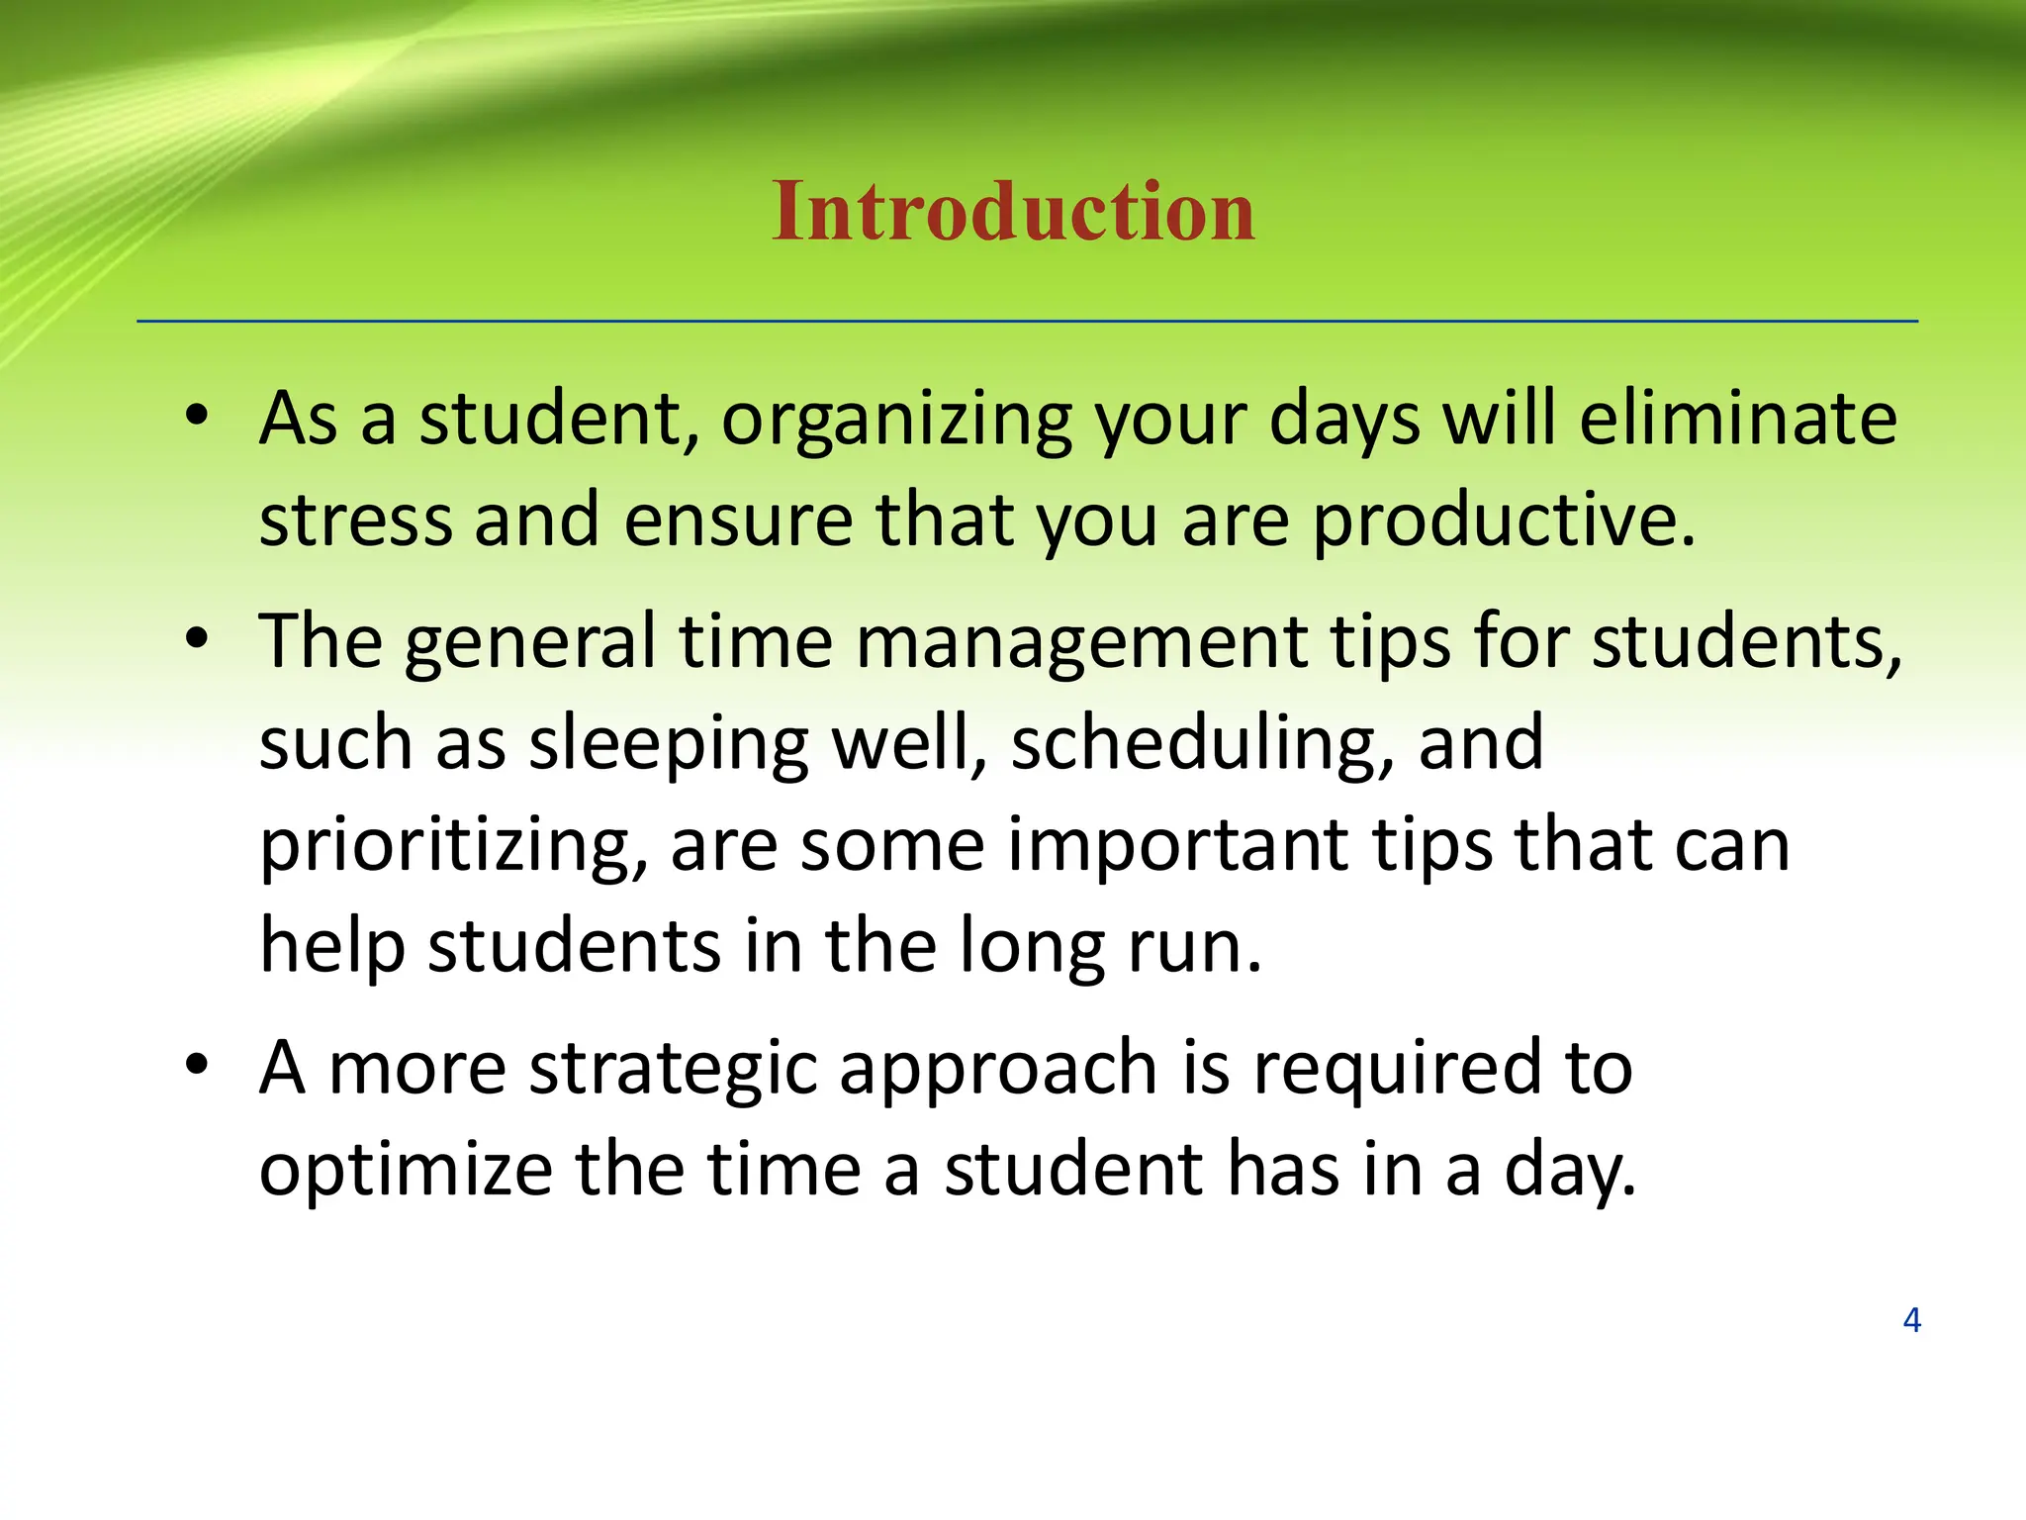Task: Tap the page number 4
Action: tap(1911, 1320)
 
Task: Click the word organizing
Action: tap(896, 422)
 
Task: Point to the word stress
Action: tap(355, 522)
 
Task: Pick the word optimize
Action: tap(406, 1174)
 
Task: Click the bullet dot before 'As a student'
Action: tap(197, 418)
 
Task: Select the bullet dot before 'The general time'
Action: tap(197, 640)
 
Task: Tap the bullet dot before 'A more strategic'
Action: tap(197, 1066)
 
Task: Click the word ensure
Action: tap(738, 522)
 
